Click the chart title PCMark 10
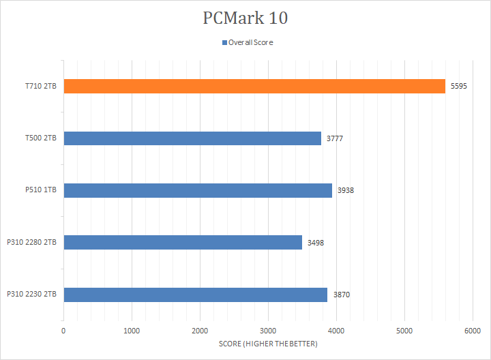245,18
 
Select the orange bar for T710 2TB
254,87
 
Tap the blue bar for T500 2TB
192,138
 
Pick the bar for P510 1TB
197,190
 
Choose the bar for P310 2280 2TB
182,242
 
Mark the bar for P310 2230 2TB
195,295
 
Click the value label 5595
458,87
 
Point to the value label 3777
334,138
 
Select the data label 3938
345,190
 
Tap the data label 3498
315,242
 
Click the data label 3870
340,295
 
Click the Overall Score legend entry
247,42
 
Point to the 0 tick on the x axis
63,331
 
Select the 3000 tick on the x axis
268,331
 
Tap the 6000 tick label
473,331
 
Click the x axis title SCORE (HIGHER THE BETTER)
268,344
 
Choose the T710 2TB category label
41,87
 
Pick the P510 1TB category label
41,190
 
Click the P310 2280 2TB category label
32,242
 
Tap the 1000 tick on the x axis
132,331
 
